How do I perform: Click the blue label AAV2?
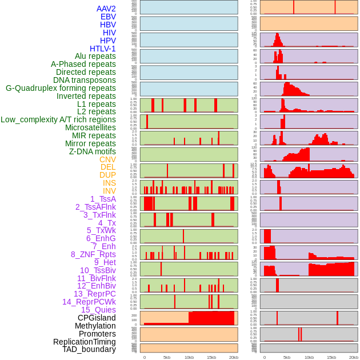[106, 9]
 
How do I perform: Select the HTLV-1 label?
[102, 49]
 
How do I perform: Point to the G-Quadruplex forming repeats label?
[61, 88]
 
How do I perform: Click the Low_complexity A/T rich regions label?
[58, 119]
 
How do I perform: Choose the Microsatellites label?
[90, 127]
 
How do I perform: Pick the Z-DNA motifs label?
[92, 151]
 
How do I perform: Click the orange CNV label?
[107, 159]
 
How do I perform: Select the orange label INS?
[109, 183]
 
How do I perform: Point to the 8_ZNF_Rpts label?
[93, 254]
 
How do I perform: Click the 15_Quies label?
[98, 310]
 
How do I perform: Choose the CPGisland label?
[97, 318]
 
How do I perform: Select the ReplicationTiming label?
[84, 342]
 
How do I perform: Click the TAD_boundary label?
[89, 349]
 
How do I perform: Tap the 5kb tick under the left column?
[167, 357]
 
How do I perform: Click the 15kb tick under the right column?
[331, 357]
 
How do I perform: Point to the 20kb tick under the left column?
[234, 357]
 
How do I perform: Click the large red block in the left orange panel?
[211, 318]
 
